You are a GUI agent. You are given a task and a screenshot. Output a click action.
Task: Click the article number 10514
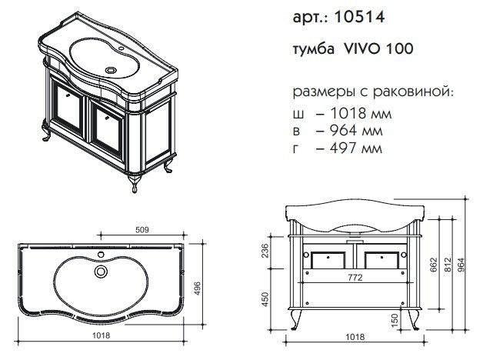359,17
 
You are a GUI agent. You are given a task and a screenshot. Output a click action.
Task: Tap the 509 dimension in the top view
142,230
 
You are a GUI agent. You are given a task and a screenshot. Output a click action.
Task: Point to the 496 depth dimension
197,288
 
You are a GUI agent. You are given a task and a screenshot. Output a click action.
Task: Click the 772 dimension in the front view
355,278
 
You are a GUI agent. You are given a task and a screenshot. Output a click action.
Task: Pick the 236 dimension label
265,251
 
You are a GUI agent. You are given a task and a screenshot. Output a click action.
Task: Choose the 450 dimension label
265,300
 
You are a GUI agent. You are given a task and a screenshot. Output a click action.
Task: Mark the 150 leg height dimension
395,320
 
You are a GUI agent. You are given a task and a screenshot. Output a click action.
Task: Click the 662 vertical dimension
435,265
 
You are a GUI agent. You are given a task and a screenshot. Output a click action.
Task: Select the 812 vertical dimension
448,265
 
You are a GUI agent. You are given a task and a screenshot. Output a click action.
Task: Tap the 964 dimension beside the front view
461,265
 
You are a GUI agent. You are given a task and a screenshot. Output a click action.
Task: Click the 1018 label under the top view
102,335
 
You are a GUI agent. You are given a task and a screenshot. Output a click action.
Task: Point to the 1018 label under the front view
355,337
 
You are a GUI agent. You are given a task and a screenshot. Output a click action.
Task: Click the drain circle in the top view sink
101,272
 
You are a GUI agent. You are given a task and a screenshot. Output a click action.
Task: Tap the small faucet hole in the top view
101,254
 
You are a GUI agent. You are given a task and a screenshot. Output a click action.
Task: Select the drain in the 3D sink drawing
111,70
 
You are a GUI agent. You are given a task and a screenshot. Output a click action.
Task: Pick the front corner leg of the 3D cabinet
135,183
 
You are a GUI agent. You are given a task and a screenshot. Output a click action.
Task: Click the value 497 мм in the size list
356,148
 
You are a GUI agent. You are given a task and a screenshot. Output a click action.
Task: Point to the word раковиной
414,92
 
